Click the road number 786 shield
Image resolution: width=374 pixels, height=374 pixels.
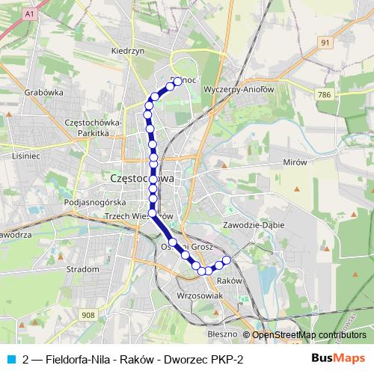324,95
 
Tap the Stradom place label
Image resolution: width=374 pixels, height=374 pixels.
82,269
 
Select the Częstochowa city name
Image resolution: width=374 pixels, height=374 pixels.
142,179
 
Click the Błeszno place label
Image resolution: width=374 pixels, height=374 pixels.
222,334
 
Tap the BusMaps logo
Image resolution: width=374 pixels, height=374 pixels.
339,360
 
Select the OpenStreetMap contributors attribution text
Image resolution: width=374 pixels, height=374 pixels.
309,334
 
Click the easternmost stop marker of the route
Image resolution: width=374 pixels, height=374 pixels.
227,260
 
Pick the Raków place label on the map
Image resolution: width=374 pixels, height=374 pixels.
229,280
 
